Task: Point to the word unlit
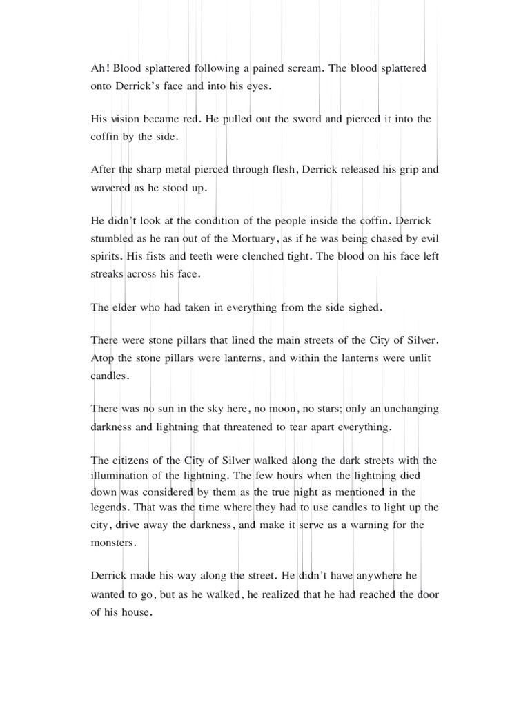click(416, 358)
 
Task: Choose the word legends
click(111, 510)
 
